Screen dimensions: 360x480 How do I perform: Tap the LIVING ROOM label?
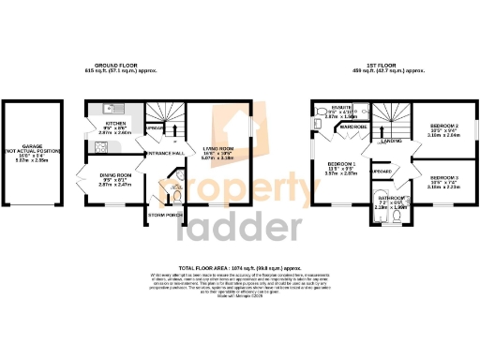click(x=217, y=148)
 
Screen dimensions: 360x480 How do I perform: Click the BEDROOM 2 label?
click(x=442, y=126)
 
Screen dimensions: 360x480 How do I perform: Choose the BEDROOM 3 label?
click(x=442, y=177)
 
